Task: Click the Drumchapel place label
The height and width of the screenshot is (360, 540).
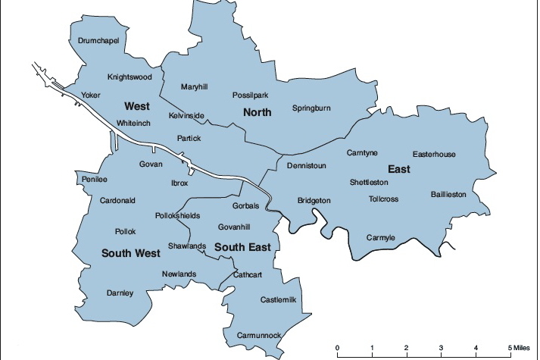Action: click(x=98, y=40)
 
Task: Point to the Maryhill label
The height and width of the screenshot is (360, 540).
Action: click(x=194, y=87)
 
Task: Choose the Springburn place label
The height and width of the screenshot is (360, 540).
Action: click(x=311, y=108)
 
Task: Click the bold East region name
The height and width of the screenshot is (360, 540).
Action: click(x=398, y=169)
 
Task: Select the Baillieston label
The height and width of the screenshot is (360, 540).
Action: click(x=449, y=194)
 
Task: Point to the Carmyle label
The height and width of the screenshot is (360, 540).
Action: click(x=381, y=238)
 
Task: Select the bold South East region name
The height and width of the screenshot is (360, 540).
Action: click(x=242, y=248)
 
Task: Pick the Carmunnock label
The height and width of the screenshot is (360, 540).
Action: click(x=258, y=335)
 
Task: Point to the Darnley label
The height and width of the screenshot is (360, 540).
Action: click(x=120, y=293)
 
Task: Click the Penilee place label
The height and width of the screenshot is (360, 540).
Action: click(x=95, y=180)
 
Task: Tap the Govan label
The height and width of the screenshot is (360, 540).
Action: click(x=151, y=164)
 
